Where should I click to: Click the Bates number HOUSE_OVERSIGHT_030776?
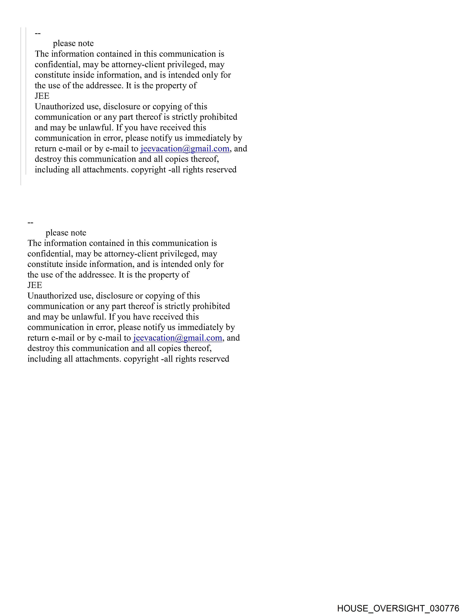coord(398,608)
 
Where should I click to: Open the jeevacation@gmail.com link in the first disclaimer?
coord(185,149)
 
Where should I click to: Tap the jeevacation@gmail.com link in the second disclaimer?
coord(178,338)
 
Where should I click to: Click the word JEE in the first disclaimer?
coord(42,96)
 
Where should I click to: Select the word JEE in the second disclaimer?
coord(35,285)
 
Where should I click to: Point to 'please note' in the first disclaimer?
coord(73,44)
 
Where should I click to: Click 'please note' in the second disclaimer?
coord(66,233)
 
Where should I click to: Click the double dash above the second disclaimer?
coord(30,223)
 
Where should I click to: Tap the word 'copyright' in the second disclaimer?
coord(141,359)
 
